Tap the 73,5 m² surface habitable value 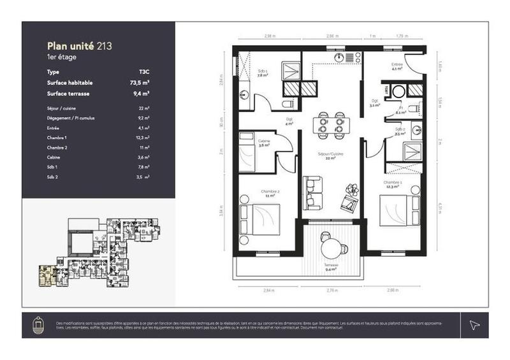140,83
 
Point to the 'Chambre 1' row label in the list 57,138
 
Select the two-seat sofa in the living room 312,193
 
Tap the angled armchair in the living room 348,203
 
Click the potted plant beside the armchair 351,189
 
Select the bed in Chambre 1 395,210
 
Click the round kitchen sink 338,57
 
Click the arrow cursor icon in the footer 474,325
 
